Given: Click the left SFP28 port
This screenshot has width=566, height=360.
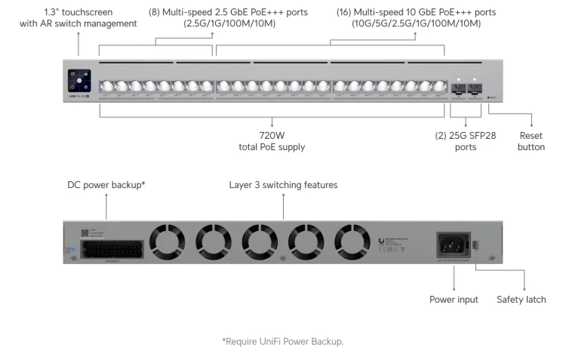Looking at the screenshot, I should [x=458, y=89].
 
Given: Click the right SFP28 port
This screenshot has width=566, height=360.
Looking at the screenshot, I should [x=475, y=89].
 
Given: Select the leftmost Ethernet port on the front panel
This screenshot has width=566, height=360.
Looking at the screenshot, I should [x=106, y=87].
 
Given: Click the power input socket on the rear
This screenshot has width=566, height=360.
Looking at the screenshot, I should [x=454, y=244].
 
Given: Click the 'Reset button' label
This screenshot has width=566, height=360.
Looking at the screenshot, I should [x=531, y=141].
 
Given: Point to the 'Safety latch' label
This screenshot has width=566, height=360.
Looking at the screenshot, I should [x=521, y=300].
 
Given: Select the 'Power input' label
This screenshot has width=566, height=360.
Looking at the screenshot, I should [x=454, y=300].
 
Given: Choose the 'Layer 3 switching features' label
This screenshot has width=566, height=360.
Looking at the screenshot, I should [x=284, y=184].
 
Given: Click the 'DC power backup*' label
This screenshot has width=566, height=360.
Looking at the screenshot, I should [x=106, y=184].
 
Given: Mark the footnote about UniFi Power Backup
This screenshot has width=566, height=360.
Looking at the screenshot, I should [x=282, y=341].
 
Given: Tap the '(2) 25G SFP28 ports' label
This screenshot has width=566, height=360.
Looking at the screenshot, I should [x=466, y=141].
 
